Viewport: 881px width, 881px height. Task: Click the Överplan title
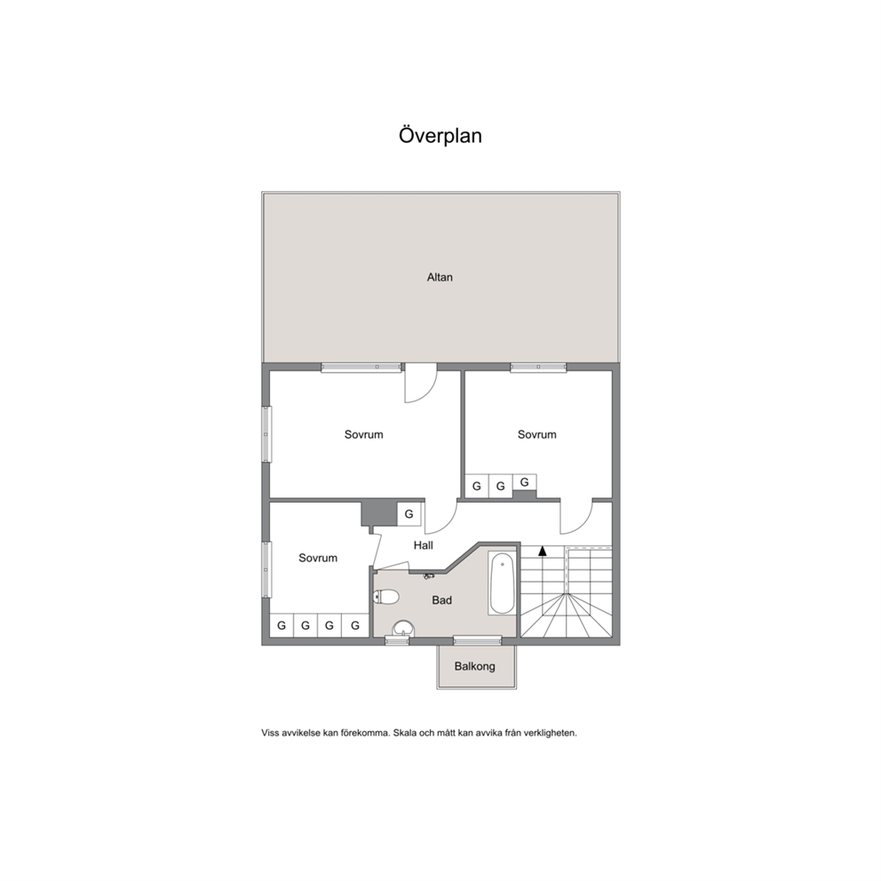coord(440,136)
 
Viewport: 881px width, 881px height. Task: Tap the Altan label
coord(440,277)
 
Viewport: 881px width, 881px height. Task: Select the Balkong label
coord(475,666)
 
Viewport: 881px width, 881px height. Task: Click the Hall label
coord(423,545)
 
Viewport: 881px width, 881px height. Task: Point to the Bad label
coord(441,600)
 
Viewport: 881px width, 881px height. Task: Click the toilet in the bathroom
coord(385,596)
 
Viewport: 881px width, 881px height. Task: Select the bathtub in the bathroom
coord(502,583)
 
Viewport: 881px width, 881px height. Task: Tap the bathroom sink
coord(402,629)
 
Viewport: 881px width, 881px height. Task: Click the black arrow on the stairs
coord(543,551)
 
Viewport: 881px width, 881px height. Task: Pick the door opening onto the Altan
coord(421,383)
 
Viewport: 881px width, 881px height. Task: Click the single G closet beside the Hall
coord(409,513)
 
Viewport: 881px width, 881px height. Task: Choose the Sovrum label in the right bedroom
coord(536,434)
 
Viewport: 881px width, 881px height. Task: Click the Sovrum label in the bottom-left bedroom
coord(318,558)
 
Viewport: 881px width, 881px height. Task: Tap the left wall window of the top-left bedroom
coord(266,434)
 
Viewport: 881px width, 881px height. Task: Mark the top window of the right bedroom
coord(538,367)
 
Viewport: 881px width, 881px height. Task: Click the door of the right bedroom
coord(576,517)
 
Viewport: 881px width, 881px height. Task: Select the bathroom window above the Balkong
coord(478,640)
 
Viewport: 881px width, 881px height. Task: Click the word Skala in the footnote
coord(405,733)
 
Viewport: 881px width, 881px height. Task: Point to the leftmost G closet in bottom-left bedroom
coord(282,625)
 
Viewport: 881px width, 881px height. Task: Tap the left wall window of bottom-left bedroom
coord(266,569)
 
